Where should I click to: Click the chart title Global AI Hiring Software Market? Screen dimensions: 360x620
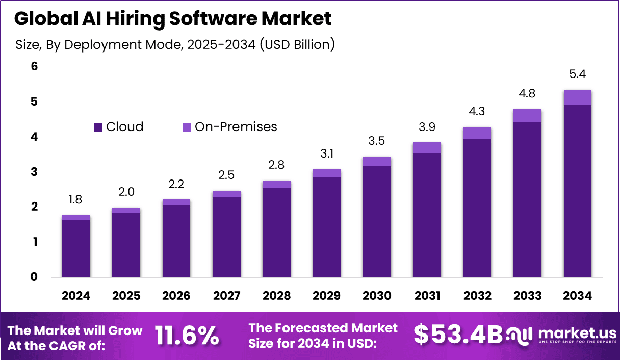click(173, 19)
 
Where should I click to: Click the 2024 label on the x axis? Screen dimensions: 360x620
click(76, 296)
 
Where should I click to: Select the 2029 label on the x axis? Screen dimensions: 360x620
click(326, 296)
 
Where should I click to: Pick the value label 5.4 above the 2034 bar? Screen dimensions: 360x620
click(577, 74)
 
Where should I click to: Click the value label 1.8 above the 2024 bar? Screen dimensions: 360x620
click(75, 200)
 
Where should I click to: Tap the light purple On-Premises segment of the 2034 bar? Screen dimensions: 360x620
click(577, 97)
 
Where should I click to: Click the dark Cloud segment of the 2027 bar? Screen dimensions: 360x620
click(226, 237)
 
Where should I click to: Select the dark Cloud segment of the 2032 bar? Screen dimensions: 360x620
click(477, 208)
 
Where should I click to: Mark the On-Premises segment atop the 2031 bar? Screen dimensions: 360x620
click(427, 147)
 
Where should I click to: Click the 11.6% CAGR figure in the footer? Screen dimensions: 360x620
click(187, 336)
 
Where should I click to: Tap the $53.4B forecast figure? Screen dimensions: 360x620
click(457, 335)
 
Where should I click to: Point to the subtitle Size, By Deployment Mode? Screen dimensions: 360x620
click(175, 45)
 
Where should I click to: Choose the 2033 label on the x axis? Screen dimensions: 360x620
click(527, 296)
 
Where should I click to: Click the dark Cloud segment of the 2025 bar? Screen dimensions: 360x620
click(126, 245)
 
